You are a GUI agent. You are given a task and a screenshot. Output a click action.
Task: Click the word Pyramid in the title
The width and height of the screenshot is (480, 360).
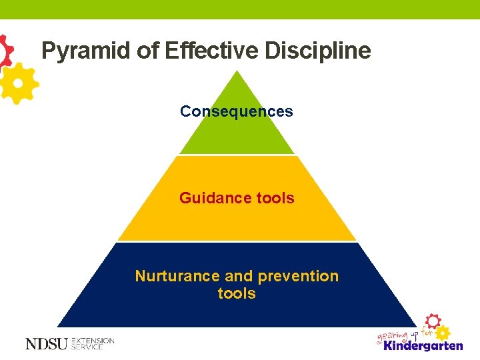[x=83, y=51]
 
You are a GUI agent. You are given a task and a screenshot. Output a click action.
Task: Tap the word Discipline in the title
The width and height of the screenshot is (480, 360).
[x=317, y=51]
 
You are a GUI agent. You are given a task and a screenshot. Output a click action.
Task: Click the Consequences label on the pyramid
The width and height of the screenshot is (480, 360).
[x=236, y=111]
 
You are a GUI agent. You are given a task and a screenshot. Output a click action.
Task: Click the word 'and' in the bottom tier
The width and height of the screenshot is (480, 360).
[x=238, y=276]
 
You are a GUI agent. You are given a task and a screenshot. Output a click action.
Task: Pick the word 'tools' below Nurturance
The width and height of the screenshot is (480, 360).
[x=237, y=293]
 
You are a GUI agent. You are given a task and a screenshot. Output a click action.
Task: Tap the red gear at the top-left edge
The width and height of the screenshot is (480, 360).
[x=5, y=50]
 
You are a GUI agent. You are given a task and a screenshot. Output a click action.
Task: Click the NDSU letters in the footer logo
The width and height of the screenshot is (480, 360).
[x=46, y=343]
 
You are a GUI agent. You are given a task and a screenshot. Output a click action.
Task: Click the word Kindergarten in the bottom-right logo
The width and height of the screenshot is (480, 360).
[x=423, y=345]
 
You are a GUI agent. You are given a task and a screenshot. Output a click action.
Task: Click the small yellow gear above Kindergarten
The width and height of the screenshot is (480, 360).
[x=443, y=331]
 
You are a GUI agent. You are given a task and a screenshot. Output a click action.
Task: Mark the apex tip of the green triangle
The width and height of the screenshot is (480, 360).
[x=237, y=71]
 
